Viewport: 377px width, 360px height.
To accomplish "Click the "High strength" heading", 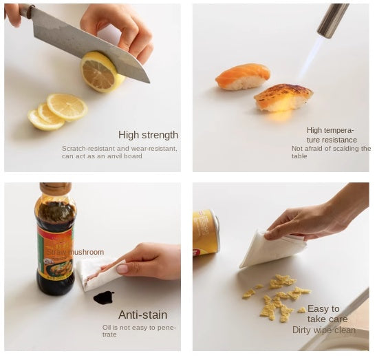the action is coord(148,135).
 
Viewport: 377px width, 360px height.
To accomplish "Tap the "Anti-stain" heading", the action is coord(143,315).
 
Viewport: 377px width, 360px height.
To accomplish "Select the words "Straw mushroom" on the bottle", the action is coord(75,252).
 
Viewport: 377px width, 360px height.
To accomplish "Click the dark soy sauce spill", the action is coord(104,297).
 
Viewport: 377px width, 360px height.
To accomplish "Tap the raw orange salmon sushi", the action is coord(243,76).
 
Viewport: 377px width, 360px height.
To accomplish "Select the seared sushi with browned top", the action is coord(283,97).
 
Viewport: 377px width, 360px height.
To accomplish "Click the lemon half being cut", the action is coord(101,72).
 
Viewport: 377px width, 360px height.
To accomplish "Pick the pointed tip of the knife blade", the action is coord(150,83).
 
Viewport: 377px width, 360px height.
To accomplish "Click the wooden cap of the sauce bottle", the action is coord(56,189).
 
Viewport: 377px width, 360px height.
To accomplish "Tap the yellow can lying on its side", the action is coord(206,232).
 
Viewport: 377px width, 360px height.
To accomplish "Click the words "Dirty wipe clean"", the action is coord(324,330).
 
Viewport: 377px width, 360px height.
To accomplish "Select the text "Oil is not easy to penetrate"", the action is coord(139,331).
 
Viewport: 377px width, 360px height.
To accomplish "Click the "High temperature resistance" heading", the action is coord(332,135).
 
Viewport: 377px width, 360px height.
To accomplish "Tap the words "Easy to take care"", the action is coord(327,314).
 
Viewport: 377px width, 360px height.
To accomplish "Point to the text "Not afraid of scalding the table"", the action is coord(331,152).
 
